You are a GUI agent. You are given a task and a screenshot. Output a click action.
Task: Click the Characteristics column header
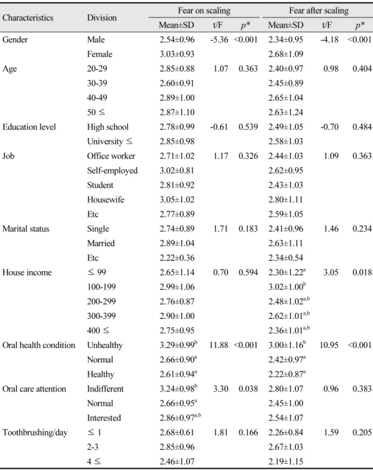28,17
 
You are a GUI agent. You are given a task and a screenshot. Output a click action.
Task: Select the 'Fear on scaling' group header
204,11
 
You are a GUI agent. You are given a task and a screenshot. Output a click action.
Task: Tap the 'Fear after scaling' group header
319,11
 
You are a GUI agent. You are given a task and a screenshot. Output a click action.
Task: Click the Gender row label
15,40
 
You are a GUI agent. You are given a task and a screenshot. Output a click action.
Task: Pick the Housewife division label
106,200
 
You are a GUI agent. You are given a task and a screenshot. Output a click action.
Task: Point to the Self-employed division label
112,170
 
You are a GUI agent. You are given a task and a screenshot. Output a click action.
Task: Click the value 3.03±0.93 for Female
177,54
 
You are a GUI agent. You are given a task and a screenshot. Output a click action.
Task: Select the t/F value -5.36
219,40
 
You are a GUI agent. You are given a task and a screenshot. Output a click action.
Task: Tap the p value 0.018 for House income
362,272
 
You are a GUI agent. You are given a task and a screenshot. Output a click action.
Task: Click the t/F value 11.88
219,345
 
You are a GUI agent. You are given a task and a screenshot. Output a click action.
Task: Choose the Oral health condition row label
39,345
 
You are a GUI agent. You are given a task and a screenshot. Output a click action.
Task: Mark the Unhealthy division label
104,345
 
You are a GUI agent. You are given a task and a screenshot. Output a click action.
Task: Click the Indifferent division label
105,389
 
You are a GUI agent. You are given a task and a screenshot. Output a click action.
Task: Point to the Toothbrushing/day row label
35,433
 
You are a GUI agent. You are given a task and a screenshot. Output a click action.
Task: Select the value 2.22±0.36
177,258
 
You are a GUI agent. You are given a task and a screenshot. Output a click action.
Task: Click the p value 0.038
248,389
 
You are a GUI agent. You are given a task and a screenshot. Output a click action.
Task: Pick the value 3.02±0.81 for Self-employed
177,170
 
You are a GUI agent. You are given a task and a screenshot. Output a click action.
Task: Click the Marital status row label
25,229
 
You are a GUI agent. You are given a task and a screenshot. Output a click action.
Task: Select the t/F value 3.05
330,272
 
